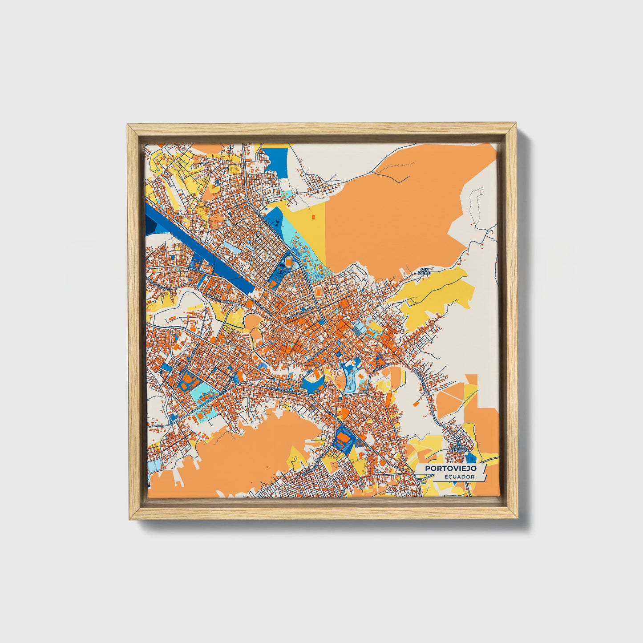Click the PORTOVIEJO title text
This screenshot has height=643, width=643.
tap(450, 468)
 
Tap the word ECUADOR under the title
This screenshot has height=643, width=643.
tap(458, 477)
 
